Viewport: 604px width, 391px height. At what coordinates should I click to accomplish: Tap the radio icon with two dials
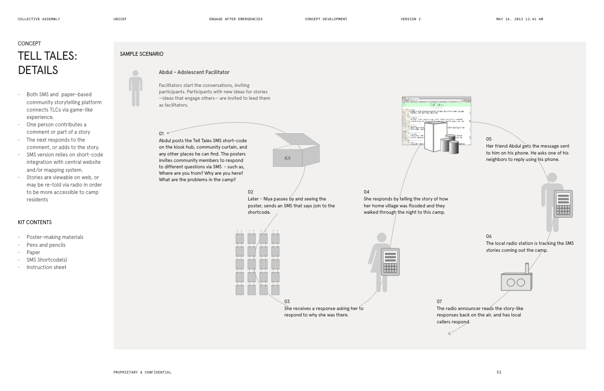(x=516, y=280)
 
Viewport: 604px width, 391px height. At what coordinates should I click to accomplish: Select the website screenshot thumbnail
(x=436, y=121)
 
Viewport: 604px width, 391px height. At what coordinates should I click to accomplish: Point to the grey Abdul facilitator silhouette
(x=135, y=88)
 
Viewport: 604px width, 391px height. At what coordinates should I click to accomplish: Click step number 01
(x=161, y=134)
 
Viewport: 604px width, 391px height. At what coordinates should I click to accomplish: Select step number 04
(x=367, y=192)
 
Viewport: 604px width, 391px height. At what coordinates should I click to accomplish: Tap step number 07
(x=439, y=302)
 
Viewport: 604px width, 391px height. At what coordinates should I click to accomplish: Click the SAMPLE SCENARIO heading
(x=142, y=54)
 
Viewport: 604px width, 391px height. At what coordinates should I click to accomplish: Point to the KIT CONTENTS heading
(x=35, y=222)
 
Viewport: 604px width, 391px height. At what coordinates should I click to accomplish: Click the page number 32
(x=498, y=372)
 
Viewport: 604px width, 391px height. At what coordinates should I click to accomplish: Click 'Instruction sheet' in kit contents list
(x=46, y=267)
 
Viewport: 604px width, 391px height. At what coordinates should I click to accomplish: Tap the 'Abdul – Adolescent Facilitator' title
(x=194, y=73)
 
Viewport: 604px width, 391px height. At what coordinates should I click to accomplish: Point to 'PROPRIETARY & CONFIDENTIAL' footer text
(x=142, y=372)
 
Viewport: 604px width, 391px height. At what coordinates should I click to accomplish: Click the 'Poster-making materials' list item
(x=55, y=237)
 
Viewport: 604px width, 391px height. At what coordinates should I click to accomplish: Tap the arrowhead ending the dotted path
(x=450, y=334)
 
